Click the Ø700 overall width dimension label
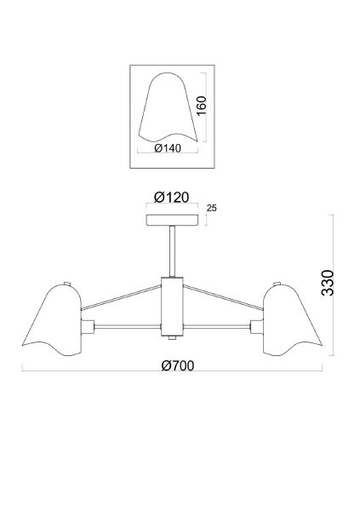[x=178, y=365]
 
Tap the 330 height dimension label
[x=328, y=283]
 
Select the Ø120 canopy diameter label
[x=171, y=198]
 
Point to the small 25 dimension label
[x=212, y=208]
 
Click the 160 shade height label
[x=202, y=106]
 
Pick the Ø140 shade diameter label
[x=168, y=148]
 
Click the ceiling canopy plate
[x=172, y=221]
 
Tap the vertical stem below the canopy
[x=172, y=251]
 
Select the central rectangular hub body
[x=172, y=307]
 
